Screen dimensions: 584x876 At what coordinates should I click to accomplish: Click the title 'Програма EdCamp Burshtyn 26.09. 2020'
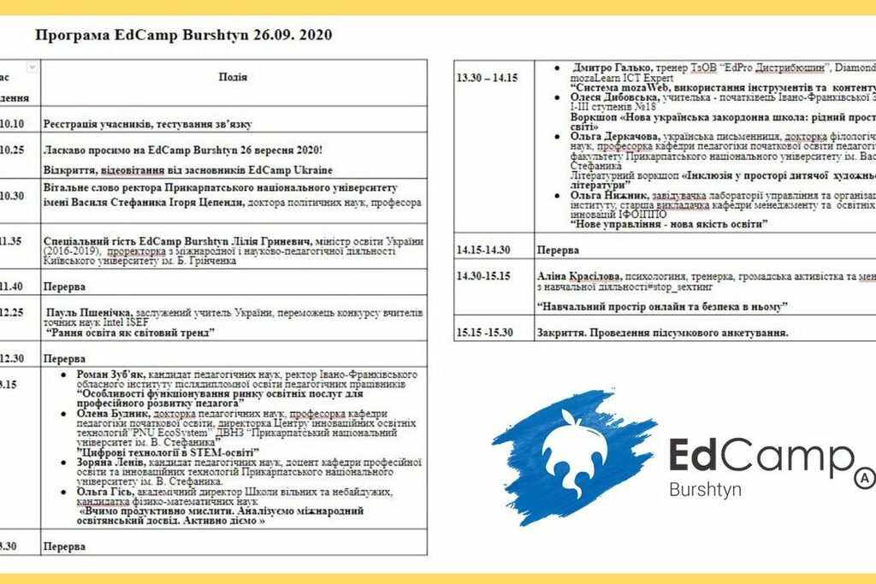coord(182,35)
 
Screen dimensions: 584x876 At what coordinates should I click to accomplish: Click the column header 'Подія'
coord(233,77)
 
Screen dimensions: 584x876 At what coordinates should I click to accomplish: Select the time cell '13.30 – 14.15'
coord(487,77)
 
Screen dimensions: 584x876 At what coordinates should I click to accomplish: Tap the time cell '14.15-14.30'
coord(484,250)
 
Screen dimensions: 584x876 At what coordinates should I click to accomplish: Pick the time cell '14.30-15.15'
coord(483,276)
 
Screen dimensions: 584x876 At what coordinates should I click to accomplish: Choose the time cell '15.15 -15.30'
coord(485,332)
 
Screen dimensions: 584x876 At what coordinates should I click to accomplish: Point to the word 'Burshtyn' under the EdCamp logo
coord(705,490)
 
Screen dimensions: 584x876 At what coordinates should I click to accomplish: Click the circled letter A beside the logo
coord(865,476)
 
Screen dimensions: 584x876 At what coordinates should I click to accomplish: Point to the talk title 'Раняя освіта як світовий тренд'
coord(141,332)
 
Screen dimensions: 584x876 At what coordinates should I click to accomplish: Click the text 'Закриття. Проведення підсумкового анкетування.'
coord(662,332)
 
